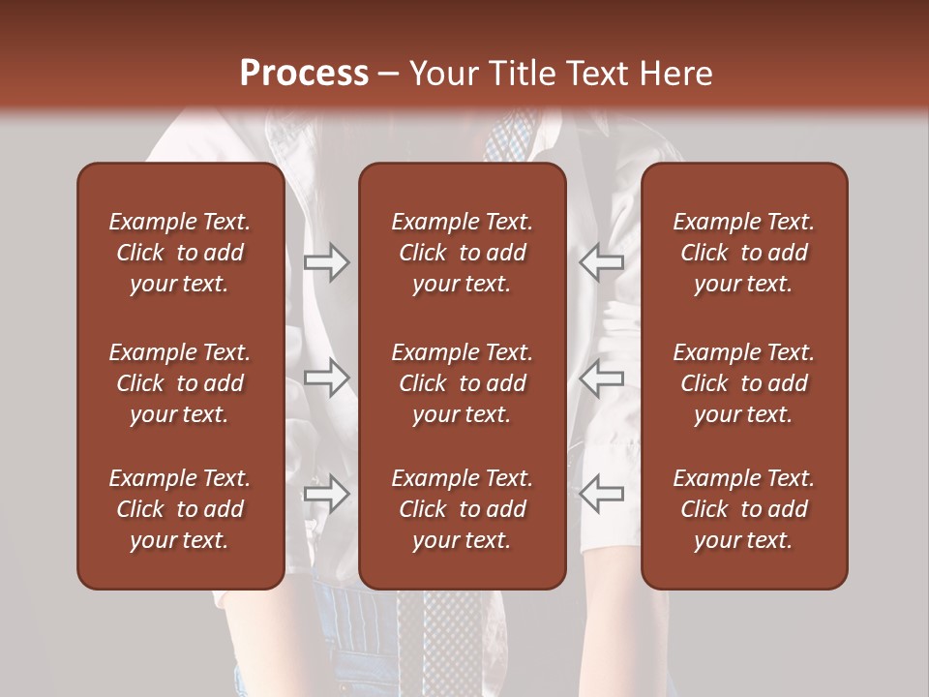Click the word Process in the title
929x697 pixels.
click(304, 74)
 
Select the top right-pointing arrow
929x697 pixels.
click(327, 262)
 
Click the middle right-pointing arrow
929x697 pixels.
click(327, 378)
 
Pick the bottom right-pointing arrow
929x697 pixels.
click(327, 494)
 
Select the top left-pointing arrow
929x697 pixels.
click(602, 261)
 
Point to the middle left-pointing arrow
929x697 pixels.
click(602, 378)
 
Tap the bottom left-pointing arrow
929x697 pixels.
click(602, 494)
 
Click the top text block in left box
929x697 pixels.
click(180, 253)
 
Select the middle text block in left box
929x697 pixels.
click(180, 383)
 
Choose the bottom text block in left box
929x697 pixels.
click(180, 509)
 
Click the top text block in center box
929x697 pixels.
click(462, 253)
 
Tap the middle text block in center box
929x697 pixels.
click(462, 383)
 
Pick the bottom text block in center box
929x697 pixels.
click(462, 509)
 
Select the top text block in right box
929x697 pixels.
click(743, 253)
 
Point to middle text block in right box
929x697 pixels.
click(743, 383)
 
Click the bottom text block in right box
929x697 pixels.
click(743, 509)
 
